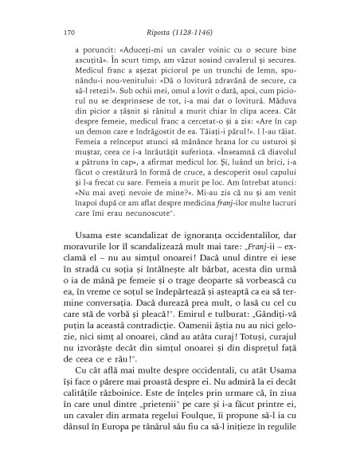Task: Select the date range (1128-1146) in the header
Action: click(x=205, y=34)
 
